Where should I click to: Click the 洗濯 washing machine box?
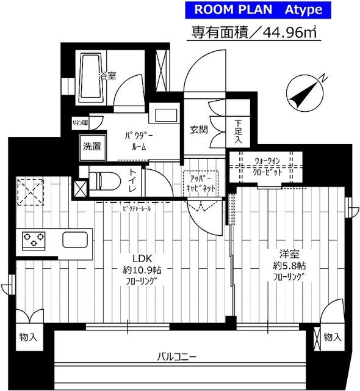tap(93, 146)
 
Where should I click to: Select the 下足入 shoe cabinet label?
tap(238, 131)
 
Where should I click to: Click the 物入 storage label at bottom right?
tap(332, 337)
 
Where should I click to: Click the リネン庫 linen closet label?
tap(79, 123)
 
